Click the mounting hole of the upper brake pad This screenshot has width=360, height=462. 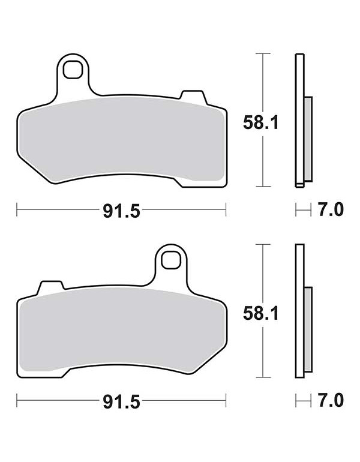pos(73,70)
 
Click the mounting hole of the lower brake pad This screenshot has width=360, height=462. pos(171,259)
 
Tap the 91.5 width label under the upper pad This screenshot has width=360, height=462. pos(121,211)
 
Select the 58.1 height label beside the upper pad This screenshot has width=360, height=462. pos(261,122)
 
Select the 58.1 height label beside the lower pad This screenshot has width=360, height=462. pos(261,313)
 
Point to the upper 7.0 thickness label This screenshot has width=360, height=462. pos(330,210)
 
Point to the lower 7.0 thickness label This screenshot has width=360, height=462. pos(330,400)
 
